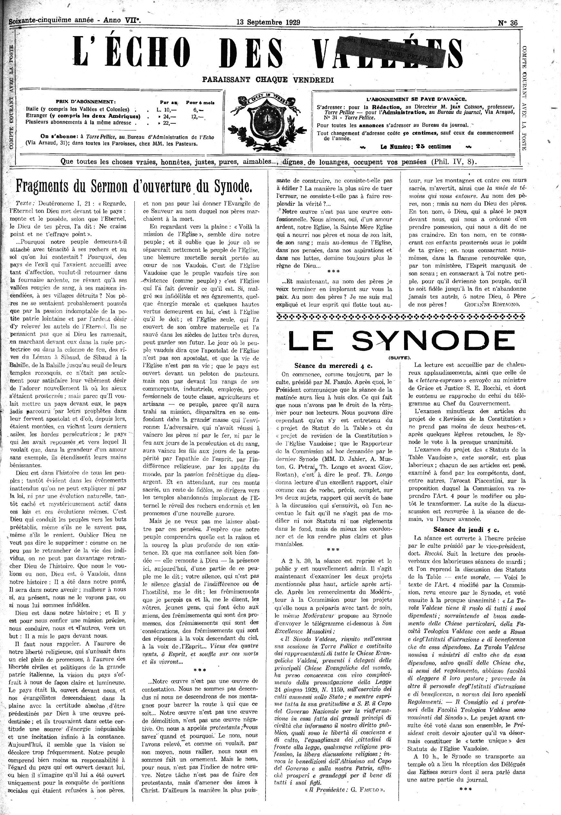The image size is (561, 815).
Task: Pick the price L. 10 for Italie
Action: (166, 109)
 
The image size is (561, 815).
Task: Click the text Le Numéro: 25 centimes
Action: (415, 147)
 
